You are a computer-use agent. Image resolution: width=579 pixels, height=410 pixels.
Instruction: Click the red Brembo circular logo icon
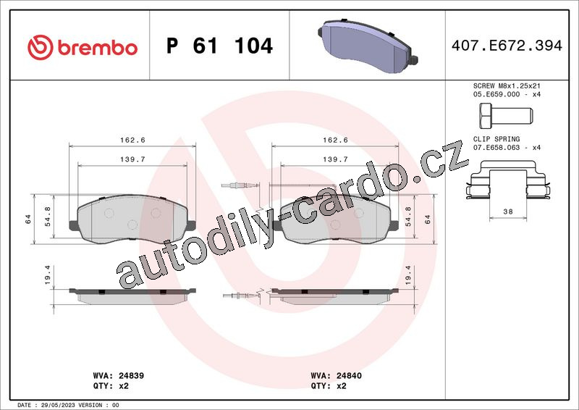pos(41,48)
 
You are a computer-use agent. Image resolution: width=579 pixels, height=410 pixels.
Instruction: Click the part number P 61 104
pos(219,46)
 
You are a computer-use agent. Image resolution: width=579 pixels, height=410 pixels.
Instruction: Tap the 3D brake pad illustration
pos(368,46)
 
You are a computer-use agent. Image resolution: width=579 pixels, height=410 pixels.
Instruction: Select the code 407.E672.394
pos(507,46)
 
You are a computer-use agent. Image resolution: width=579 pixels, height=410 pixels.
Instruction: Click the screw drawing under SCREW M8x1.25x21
pos(506,114)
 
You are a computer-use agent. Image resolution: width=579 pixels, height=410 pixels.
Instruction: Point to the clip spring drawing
pos(508,180)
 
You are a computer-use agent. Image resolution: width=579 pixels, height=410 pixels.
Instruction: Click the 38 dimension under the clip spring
pos(508,212)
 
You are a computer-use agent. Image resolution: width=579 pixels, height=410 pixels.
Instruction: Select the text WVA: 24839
pos(119,376)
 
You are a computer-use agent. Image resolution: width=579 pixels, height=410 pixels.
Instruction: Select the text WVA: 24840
pos(337,376)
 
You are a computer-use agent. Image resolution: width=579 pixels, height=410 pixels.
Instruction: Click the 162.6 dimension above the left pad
pos(132,140)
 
